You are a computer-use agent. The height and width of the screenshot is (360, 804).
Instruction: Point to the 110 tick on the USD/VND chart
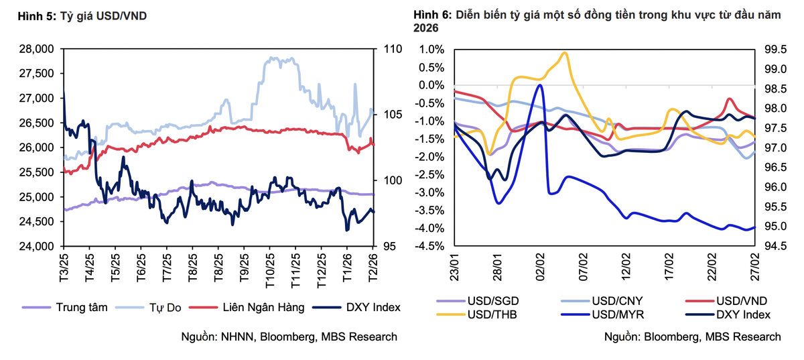click(391, 49)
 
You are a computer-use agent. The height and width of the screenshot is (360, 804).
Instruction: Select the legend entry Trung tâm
click(80, 307)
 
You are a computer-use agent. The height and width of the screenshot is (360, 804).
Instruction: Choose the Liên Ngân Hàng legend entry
click(264, 307)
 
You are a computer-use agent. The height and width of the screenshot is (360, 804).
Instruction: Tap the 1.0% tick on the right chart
click(431, 49)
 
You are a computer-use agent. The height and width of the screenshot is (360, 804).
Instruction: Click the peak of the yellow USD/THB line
click(565, 52)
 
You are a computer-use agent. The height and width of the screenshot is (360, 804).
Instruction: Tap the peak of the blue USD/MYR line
click(540, 85)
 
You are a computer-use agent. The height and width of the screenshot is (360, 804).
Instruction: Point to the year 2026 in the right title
click(426, 28)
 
